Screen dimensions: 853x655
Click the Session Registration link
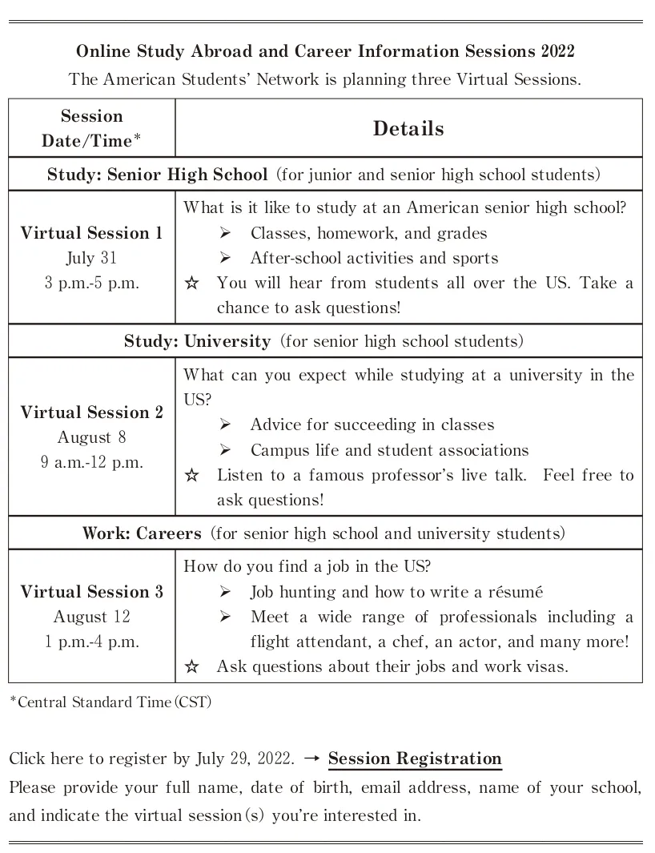[415, 759]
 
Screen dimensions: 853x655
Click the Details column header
[408, 129]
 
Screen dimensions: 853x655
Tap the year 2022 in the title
[557, 52]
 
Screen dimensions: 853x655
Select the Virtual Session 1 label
[91, 233]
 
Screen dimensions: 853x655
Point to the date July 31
[91, 258]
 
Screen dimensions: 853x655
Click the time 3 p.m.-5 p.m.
[91, 283]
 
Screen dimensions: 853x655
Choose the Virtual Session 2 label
[91, 412]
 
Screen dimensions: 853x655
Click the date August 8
[91, 437]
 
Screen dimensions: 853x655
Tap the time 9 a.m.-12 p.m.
[91, 462]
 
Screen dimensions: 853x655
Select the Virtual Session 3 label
[91, 592]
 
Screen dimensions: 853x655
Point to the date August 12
[91, 617]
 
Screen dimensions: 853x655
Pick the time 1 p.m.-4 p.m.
[91, 642]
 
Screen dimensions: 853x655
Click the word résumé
[515, 593]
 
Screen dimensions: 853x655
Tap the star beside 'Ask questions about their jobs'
[191, 666]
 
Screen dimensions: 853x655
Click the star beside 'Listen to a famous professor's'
[191, 476]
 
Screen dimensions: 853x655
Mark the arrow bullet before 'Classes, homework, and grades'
[225, 233]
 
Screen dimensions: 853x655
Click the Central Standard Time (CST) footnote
[111, 702]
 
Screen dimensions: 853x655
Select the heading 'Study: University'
[197, 341]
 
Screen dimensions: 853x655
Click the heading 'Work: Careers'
[142, 533]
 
